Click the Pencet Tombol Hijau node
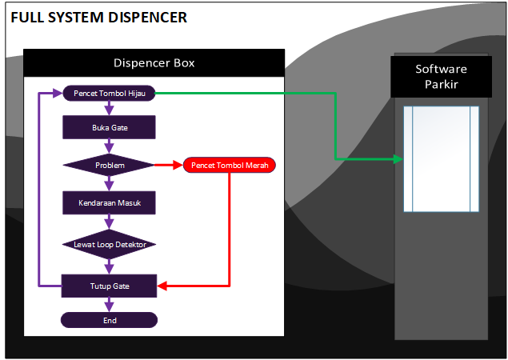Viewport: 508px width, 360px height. click(109, 94)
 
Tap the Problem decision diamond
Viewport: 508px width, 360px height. click(109, 166)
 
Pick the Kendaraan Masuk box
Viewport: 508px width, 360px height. click(109, 203)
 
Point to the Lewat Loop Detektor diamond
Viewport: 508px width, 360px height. click(109, 244)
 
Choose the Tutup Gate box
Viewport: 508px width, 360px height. click(109, 286)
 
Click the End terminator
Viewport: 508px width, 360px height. click(109, 320)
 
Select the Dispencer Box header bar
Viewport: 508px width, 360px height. click(154, 63)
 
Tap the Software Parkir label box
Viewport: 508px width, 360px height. click(441, 77)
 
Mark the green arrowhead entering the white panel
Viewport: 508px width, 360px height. click(398, 159)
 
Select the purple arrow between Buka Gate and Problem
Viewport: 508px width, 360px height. click(109, 146)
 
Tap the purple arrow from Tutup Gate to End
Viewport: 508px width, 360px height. click(109, 305)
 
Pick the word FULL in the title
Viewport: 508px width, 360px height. click(26, 16)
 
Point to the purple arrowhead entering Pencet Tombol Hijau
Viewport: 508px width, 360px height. click(58, 94)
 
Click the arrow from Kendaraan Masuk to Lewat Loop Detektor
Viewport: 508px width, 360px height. click(109, 223)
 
